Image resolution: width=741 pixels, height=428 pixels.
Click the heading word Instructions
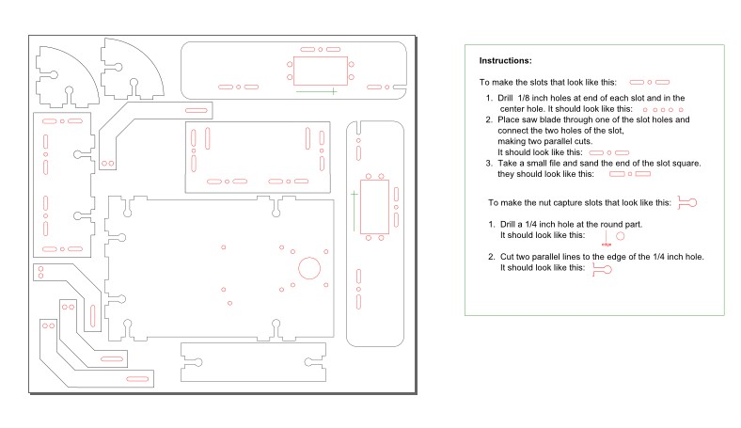(x=505, y=60)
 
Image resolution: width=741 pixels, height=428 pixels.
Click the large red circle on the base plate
(x=309, y=268)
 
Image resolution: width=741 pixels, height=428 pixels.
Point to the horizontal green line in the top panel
(x=317, y=91)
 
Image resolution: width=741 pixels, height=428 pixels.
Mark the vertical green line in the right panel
(x=354, y=211)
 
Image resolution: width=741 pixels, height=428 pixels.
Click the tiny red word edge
(x=607, y=245)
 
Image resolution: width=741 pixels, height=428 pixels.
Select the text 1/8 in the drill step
(x=524, y=98)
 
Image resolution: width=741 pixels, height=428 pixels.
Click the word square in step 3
(x=686, y=163)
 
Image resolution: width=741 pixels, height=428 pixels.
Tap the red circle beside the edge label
(x=621, y=235)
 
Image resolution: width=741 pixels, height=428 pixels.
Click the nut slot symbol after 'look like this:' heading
(x=687, y=203)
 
